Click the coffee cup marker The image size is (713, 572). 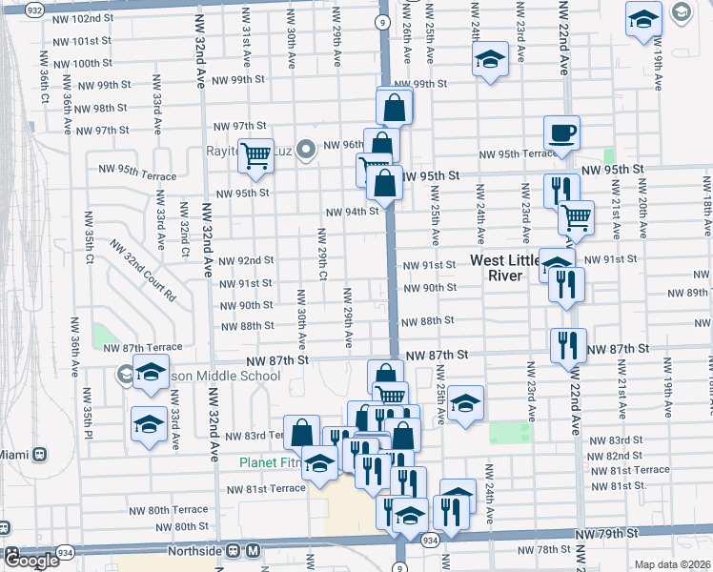point(561,133)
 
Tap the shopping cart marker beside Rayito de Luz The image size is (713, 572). point(255,154)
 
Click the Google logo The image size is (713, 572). point(31,561)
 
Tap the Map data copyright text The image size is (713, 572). point(673,564)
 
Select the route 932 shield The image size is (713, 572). point(34,10)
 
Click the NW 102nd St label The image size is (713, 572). point(83,19)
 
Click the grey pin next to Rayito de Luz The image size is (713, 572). point(306,150)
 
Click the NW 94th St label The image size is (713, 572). point(353,212)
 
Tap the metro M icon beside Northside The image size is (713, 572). point(253,550)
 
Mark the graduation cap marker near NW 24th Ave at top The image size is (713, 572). point(489,59)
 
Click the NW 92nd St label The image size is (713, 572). point(246,260)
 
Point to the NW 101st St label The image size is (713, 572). point(83,42)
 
